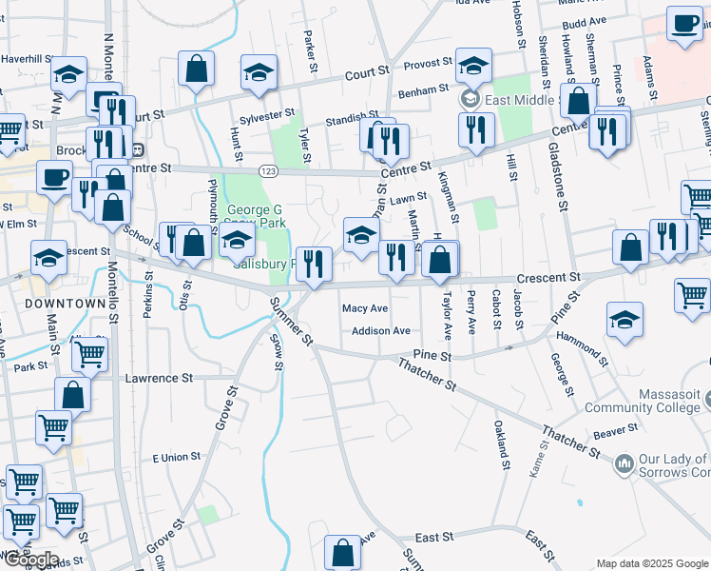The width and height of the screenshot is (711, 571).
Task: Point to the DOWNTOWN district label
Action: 65,303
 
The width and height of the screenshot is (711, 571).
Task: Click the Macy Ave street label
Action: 365,308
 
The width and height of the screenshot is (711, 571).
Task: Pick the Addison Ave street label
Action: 380,331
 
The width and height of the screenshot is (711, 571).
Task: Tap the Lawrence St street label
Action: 152,378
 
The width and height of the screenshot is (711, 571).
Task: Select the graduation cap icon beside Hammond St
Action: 625,321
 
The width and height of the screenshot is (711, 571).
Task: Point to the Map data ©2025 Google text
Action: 651,563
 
